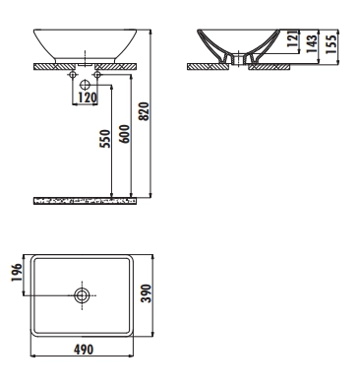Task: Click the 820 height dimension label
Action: [145, 111]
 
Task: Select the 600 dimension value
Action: [125, 134]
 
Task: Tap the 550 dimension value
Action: [105, 139]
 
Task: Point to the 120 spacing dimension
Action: [88, 97]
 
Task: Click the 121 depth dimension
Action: [293, 38]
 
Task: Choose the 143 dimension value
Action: [312, 43]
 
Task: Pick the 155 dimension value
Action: [330, 44]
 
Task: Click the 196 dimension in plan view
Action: [17, 273]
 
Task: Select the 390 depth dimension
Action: [146, 293]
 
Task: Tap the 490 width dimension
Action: [84, 350]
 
